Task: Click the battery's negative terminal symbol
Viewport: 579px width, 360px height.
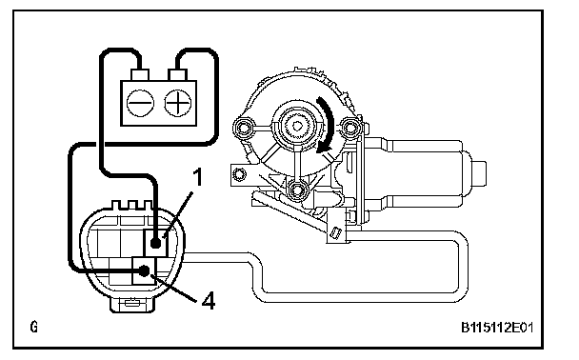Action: point(140,103)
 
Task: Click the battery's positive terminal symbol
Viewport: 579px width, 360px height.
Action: point(178,103)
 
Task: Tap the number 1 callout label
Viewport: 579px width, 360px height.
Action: point(198,177)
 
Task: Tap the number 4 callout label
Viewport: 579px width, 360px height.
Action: point(209,300)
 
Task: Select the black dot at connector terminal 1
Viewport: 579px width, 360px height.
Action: point(156,243)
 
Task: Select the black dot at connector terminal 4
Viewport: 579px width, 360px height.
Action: point(145,270)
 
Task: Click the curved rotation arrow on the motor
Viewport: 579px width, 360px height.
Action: point(328,125)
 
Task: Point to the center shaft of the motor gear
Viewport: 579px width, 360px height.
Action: point(296,126)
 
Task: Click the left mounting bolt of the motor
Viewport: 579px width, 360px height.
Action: point(244,129)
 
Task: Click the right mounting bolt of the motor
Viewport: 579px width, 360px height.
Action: point(349,128)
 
